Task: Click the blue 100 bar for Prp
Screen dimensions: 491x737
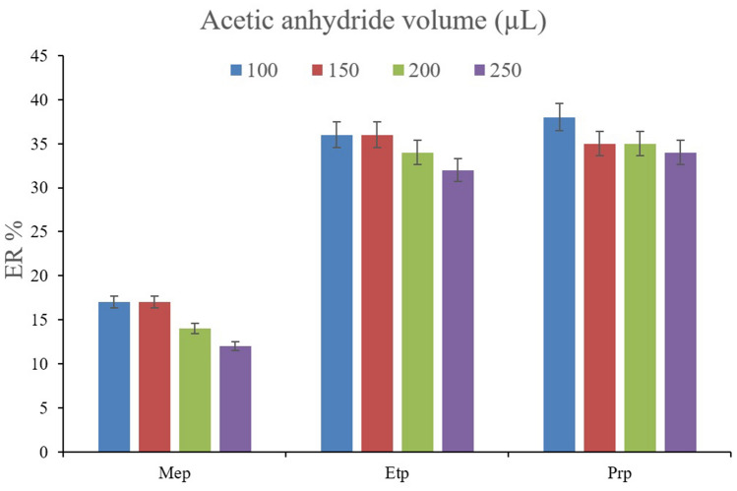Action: pyautogui.click(x=560, y=284)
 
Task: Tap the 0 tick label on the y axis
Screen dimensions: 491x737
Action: pyautogui.click(x=43, y=453)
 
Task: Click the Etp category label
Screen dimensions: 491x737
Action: pyautogui.click(x=397, y=472)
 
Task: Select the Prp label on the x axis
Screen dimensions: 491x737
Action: pyautogui.click(x=620, y=472)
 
